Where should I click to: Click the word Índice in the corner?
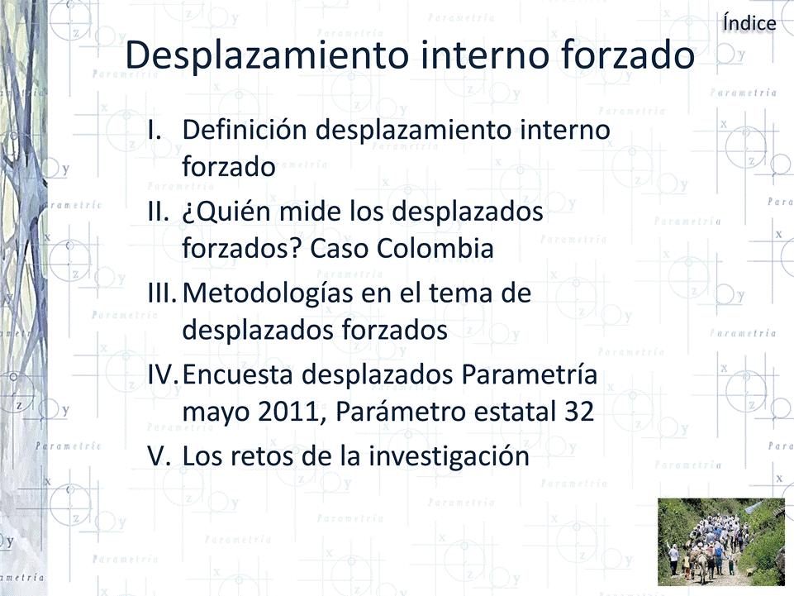point(749,23)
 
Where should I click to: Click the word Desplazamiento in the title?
point(267,56)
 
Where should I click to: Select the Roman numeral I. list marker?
point(155,131)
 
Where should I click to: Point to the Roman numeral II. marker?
point(158,212)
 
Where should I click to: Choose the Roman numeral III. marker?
point(162,293)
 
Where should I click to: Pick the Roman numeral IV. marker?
point(163,374)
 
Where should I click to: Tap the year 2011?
point(288,412)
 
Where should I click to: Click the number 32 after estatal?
point(579,412)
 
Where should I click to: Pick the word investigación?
point(449,456)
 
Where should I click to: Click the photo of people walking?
point(721,541)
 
